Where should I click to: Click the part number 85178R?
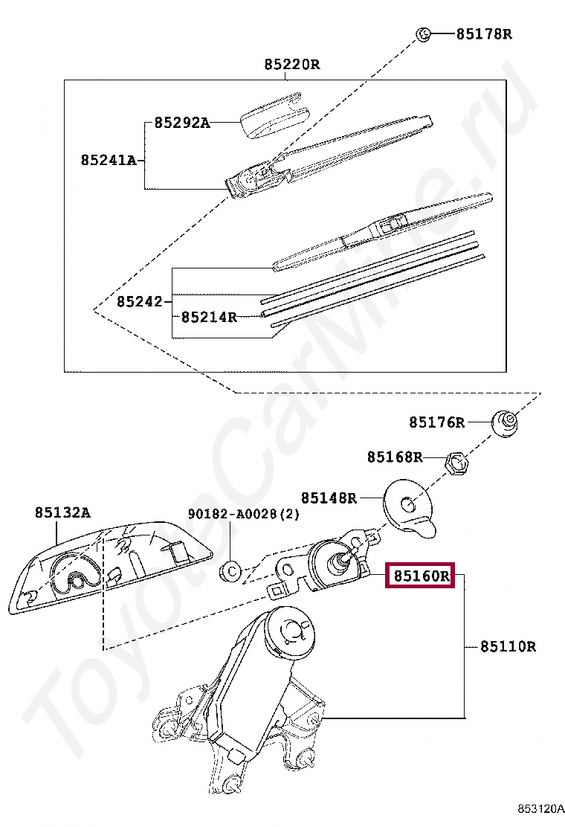[x=483, y=34]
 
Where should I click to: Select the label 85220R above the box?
[x=291, y=65]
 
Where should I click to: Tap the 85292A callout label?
[x=182, y=123]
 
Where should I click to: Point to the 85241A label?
[x=109, y=160]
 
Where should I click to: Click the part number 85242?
[x=139, y=302]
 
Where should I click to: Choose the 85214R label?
[x=209, y=318]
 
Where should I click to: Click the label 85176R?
[x=436, y=422]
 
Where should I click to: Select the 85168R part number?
[x=394, y=457]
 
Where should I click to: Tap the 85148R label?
[x=329, y=498]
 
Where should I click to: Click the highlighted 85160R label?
[x=421, y=576]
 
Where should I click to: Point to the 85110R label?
[x=507, y=646]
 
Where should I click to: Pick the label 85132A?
[x=62, y=512]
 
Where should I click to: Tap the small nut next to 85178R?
[x=422, y=34]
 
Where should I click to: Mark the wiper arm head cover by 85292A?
[x=274, y=115]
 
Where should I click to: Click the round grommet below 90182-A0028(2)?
[x=231, y=571]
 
